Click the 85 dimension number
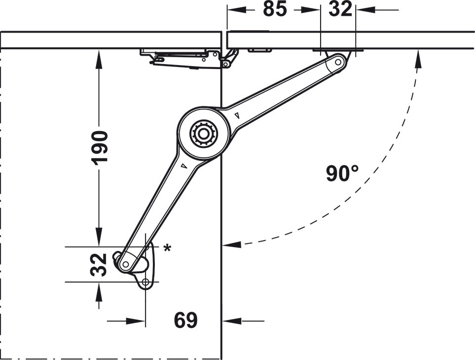click(275, 9)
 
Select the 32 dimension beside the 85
click(340, 9)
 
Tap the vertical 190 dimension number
click(100, 147)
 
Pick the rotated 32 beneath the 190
click(100, 264)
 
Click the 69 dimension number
click(185, 321)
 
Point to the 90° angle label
click(342, 173)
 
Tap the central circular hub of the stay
click(202, 134)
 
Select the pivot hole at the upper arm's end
click(337, 62)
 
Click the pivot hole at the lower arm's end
click(126, 264)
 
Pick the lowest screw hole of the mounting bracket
click(145, 283)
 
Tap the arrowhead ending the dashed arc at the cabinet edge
click(232, 244)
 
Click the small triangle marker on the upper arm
click(238, 116)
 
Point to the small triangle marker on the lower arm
click(183, 166)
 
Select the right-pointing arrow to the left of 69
click(138, 321)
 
